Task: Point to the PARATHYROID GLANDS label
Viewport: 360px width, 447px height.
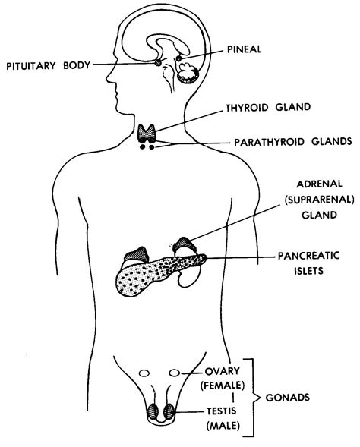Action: click(x=281, y=140)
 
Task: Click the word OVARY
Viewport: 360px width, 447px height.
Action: click(x=221, y=372)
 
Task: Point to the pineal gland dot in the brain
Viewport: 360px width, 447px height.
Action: click(x=178, y=58)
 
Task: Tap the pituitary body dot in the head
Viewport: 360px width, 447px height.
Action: click(x=159, y=63)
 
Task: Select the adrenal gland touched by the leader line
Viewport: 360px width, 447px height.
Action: click(x=184, y=247)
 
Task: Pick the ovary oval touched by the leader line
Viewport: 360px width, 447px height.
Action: click(x=175, y=373)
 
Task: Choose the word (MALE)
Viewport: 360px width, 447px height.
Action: click(x=221, y=428)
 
